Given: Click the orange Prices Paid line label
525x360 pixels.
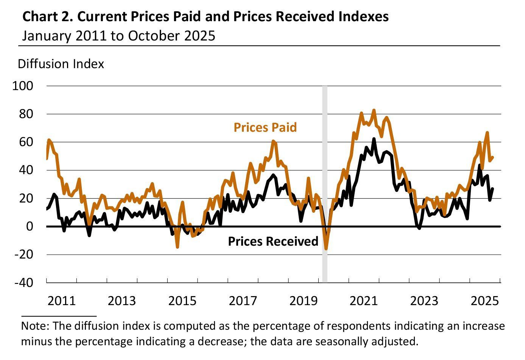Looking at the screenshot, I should click(265, 127).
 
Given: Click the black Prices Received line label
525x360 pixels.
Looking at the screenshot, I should click(273, 241).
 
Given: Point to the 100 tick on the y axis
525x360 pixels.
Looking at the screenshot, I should click(23, 86).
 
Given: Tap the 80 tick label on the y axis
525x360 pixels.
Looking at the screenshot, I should click(26, 114).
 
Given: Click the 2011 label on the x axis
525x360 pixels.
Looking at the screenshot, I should click(62, 301).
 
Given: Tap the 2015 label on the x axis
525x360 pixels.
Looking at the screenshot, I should click(182, 301).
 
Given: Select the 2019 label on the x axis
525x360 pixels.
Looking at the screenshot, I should click(303, 301).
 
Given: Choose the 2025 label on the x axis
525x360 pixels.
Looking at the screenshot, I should click(485, 301).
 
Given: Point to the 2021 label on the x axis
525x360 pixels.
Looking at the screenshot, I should click(364, 301).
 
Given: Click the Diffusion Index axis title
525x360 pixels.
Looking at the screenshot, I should click(61, 64).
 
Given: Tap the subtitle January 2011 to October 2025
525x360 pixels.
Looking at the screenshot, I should click(118, 36).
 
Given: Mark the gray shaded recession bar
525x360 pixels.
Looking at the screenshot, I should click(325, 182).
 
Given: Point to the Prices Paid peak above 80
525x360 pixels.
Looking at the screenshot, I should click(374, 111).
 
